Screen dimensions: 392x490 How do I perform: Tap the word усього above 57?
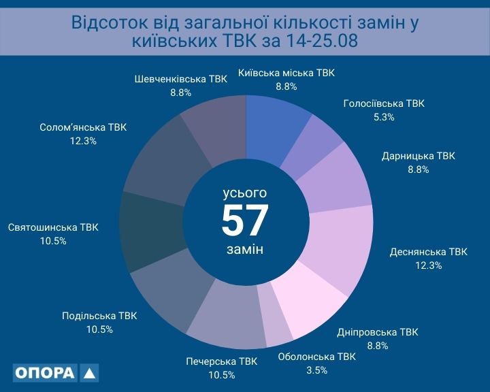pos(245,193)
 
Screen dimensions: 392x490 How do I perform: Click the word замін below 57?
pos(245,249)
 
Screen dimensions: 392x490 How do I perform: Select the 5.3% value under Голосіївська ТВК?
pos(384,117)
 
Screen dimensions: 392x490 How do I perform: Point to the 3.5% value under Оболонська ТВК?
pos(316,370)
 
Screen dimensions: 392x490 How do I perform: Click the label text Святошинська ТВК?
pos(53,227)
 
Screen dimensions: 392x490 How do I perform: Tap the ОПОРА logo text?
pos(45,374)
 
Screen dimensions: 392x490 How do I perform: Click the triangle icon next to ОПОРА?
pos(89,374)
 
